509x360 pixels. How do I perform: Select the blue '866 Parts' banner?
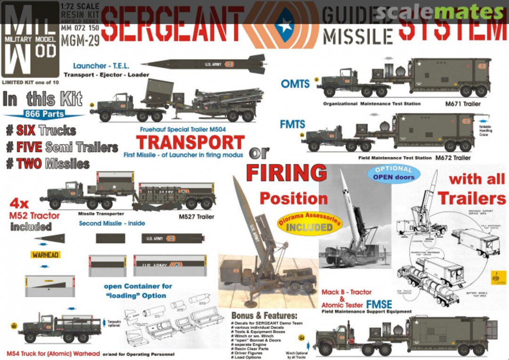[x=46, y=114]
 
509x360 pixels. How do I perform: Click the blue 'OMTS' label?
[x=296, y=84]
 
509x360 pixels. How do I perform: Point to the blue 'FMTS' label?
[x=293, y=125]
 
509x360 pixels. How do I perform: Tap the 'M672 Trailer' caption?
[x=452, y=157]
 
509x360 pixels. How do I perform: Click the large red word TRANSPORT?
[x=190, y=142]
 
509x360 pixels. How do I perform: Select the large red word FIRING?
[x=286, y=173]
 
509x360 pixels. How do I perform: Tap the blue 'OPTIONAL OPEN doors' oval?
[x=394, y=173]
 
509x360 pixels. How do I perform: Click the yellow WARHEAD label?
[x=45, y=255]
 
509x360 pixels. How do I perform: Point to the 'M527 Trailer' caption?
[x=196, y=217]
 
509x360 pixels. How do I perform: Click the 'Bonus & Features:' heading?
[x=264, y=315]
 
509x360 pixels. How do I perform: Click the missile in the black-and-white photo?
[x=350, y=207]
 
